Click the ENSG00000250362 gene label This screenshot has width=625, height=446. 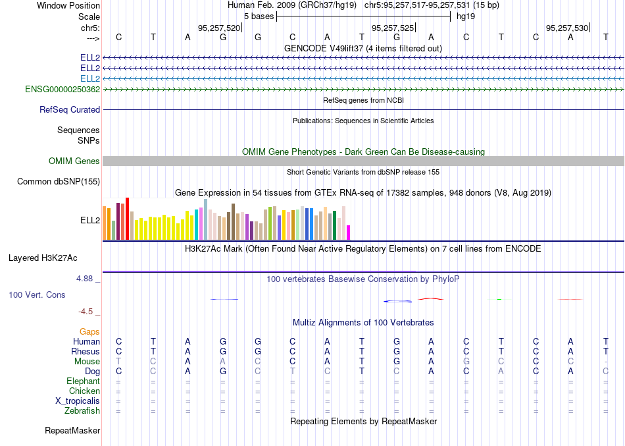(63, 89)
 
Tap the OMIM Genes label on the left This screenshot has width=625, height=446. (74, 161)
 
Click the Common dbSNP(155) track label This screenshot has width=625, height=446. (59, 181)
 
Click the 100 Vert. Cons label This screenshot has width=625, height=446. (37, 295)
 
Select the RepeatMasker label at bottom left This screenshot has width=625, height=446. (72, 431)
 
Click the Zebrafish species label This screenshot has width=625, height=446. (84, 411)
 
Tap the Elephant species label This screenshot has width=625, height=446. (83, 381)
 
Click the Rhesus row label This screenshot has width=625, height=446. (86, 351)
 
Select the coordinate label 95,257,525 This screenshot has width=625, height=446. (393, 28)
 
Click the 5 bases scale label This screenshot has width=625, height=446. (259, 16)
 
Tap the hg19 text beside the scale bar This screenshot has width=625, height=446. (466, 16)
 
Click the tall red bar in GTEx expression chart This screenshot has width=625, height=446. (128, 218)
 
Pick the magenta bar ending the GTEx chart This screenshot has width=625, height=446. (349, 233)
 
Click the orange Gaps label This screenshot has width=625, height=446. (89, 331)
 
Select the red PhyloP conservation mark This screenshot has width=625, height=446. (431, 298)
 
